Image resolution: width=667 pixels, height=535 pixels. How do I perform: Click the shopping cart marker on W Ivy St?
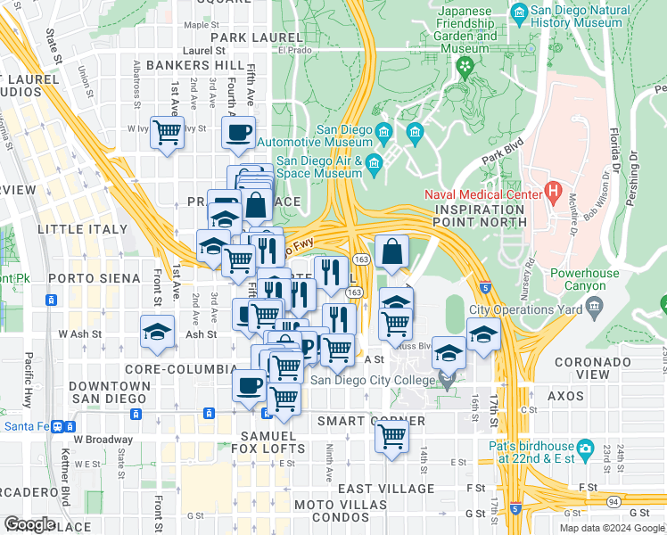tap(167, 133)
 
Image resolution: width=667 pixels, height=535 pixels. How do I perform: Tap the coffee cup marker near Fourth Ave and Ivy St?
tap(238, 133)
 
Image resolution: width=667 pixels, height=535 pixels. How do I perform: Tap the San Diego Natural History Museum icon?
tap(520, 11)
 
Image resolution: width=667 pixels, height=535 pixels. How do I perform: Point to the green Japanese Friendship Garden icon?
tap(463, 65)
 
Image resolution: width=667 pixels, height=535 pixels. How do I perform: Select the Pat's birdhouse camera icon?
tap(585, 446)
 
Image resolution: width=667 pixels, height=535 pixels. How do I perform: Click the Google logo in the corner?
tap(29, 524)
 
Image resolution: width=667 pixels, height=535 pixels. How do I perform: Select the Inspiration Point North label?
tap(480, 215)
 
